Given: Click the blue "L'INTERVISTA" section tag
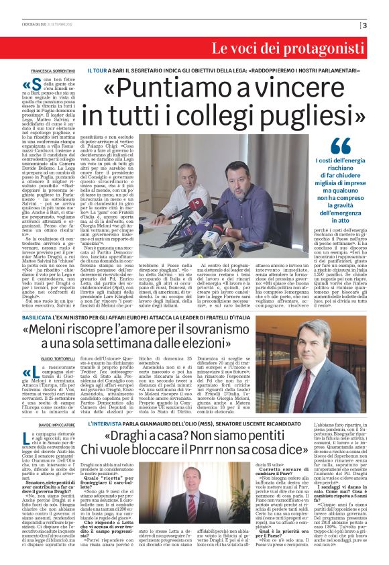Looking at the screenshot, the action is (x=103, y=425).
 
